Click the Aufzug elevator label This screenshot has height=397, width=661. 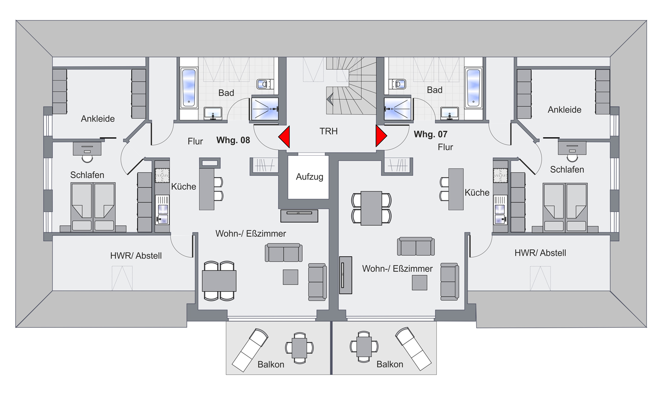(309, 177)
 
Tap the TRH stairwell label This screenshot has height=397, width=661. (328, 131)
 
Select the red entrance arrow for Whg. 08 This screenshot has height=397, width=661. (285, 137)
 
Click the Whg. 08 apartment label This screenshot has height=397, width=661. (233, 140)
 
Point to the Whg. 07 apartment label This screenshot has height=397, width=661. (431, 134)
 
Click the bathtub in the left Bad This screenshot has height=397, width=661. (189, 88)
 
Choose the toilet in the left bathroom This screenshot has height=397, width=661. (264, 84)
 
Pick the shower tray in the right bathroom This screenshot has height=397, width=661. (397, 109)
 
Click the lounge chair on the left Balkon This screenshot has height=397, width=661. (250, 349)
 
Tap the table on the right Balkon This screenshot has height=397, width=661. (364, 346)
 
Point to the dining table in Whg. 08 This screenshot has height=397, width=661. (219, 281)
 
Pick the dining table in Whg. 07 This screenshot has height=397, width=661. (371, 208)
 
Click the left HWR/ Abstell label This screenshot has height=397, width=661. (136, 256)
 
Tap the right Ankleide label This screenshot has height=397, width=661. (564, 110)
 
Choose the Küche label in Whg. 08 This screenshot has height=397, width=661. (183, 187)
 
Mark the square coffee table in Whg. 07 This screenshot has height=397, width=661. (420, 282)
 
